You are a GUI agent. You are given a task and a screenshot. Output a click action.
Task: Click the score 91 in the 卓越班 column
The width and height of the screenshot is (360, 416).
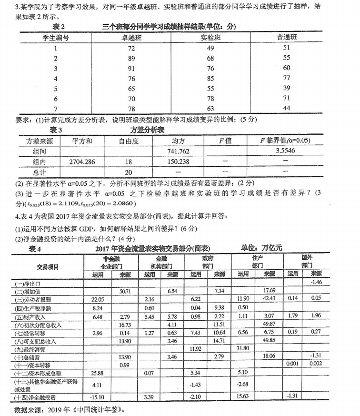click(x=131, y=68)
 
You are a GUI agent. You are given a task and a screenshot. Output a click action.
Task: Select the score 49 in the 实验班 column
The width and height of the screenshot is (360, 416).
click(x=210, y=48)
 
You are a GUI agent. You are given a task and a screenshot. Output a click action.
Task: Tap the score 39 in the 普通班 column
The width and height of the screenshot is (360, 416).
click(x=286, y=88)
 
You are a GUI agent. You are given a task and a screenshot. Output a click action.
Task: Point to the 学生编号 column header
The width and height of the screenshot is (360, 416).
click(x=56, y=38)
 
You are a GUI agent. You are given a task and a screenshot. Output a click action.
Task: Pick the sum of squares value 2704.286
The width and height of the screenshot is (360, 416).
click(x=82, y=162)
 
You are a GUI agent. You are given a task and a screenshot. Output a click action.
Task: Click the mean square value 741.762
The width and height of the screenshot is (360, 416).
click(x=178, y=151)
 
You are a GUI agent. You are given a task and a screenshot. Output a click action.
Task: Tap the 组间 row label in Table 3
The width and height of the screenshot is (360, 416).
click(x=40, y=151)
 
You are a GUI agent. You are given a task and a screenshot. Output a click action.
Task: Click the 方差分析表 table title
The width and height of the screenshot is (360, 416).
click(x=147, y=130)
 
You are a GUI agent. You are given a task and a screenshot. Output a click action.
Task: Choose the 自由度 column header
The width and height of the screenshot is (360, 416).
click(x=129, y=141)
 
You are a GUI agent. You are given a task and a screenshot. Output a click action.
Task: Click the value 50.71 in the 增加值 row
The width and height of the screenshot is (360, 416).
click(x=125, y=291)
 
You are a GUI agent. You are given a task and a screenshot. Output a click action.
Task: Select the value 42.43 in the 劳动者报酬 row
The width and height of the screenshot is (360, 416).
click(x=269, y=299)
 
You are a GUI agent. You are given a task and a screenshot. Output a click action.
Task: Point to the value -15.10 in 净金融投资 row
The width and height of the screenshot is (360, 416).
click(x=97, y=396)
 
